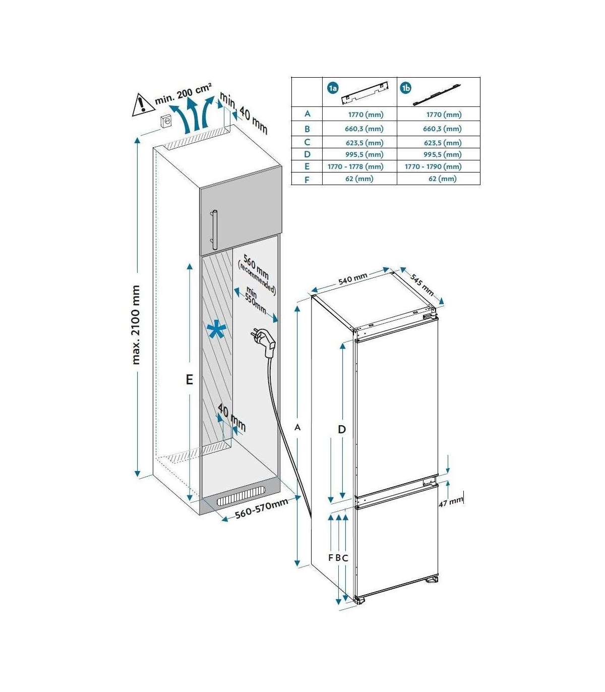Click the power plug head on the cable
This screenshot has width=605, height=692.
point(265,342)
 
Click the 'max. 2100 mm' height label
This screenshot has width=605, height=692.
point(136,325)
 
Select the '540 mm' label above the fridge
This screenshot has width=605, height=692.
point(353,279)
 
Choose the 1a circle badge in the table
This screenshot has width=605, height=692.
point(332,89)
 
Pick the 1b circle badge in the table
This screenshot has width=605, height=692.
point(405,88)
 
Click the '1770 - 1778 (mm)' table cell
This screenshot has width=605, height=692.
point(355,166)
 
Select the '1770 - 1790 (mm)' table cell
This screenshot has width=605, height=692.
point(433,166)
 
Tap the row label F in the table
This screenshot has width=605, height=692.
point(307,180)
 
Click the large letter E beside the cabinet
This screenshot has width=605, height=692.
point(189,379)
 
